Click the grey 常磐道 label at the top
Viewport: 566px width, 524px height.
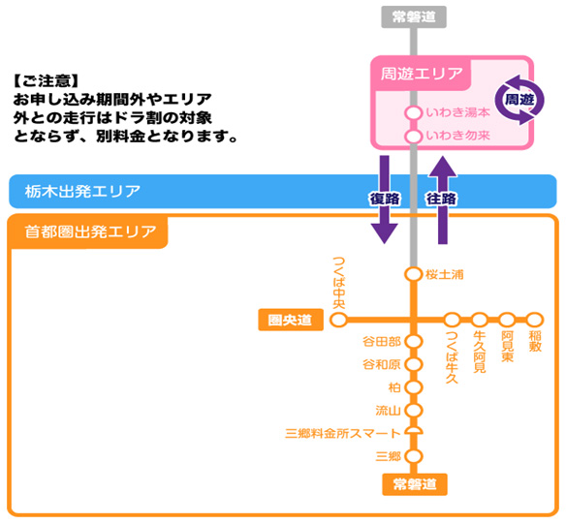[414, 16]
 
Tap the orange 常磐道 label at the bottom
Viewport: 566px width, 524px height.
[414, 484]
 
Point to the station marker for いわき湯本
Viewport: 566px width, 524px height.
[414, 114]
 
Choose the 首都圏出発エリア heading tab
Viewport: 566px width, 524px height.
[88, 232]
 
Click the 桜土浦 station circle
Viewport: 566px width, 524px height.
[414, 274]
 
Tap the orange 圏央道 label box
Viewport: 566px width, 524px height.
[290, 320]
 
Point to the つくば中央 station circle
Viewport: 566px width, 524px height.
[339, 320]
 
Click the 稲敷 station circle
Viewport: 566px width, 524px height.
[534, 320]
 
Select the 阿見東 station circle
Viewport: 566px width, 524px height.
[507, 320]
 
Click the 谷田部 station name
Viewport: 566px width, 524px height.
[381, 342]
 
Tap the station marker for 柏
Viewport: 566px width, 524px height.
[414, 387]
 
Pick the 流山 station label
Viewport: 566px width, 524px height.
[387, 411]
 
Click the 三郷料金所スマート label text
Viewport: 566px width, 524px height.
[342, 433]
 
